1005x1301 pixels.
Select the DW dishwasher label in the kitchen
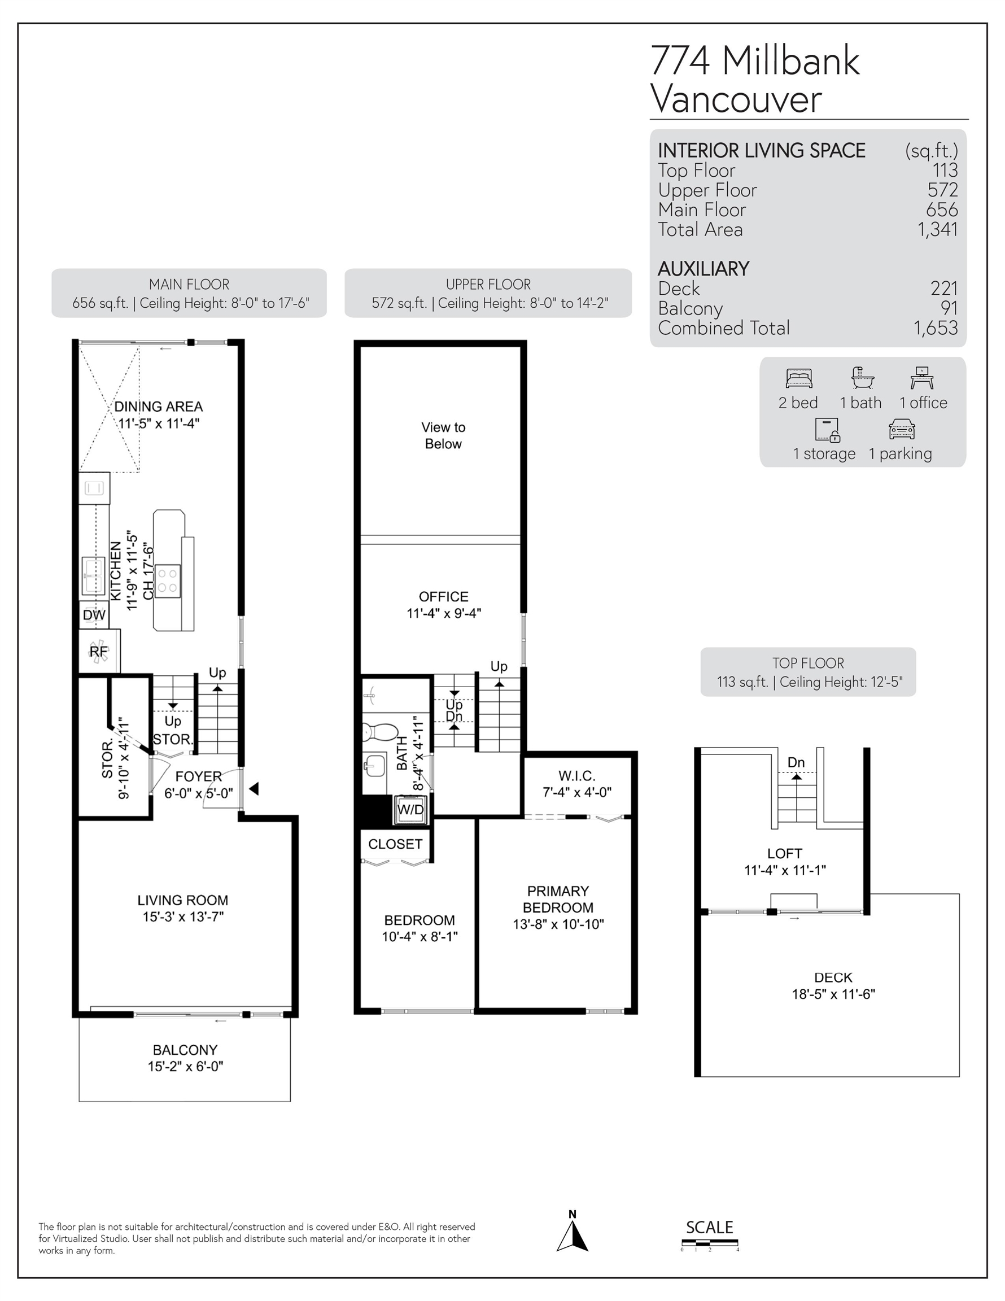point(94,615)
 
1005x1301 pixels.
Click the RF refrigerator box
point(99,651)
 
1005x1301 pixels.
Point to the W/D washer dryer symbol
point(410,810)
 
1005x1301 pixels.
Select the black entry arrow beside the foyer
point(254,789)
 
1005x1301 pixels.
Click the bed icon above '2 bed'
point(799,378)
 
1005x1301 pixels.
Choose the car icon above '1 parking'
point(901,429)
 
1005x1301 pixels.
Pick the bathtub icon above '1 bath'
point(862,378)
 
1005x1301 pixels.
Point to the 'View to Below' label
point(443,435)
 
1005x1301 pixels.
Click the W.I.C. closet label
point(576,776)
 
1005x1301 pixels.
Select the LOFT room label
point(785,854)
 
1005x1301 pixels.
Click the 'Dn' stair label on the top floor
point(796,762)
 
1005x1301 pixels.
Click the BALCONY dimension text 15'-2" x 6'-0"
point(185,1066)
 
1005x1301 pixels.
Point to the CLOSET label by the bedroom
point(395,844)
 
